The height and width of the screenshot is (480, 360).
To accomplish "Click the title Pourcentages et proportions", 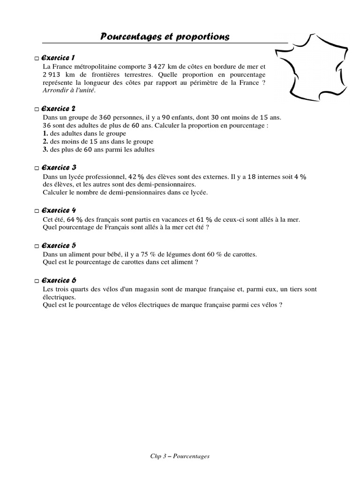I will click(165, 37).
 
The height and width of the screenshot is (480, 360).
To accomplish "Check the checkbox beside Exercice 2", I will click(37, 110).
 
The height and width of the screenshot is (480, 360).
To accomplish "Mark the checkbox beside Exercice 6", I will click(37, 281).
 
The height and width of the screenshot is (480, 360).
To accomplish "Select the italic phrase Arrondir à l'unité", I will click(69, 90).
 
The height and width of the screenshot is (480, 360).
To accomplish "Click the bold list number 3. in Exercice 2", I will click(45, 150).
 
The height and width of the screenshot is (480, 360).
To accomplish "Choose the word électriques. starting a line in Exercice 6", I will click(59, 297).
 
